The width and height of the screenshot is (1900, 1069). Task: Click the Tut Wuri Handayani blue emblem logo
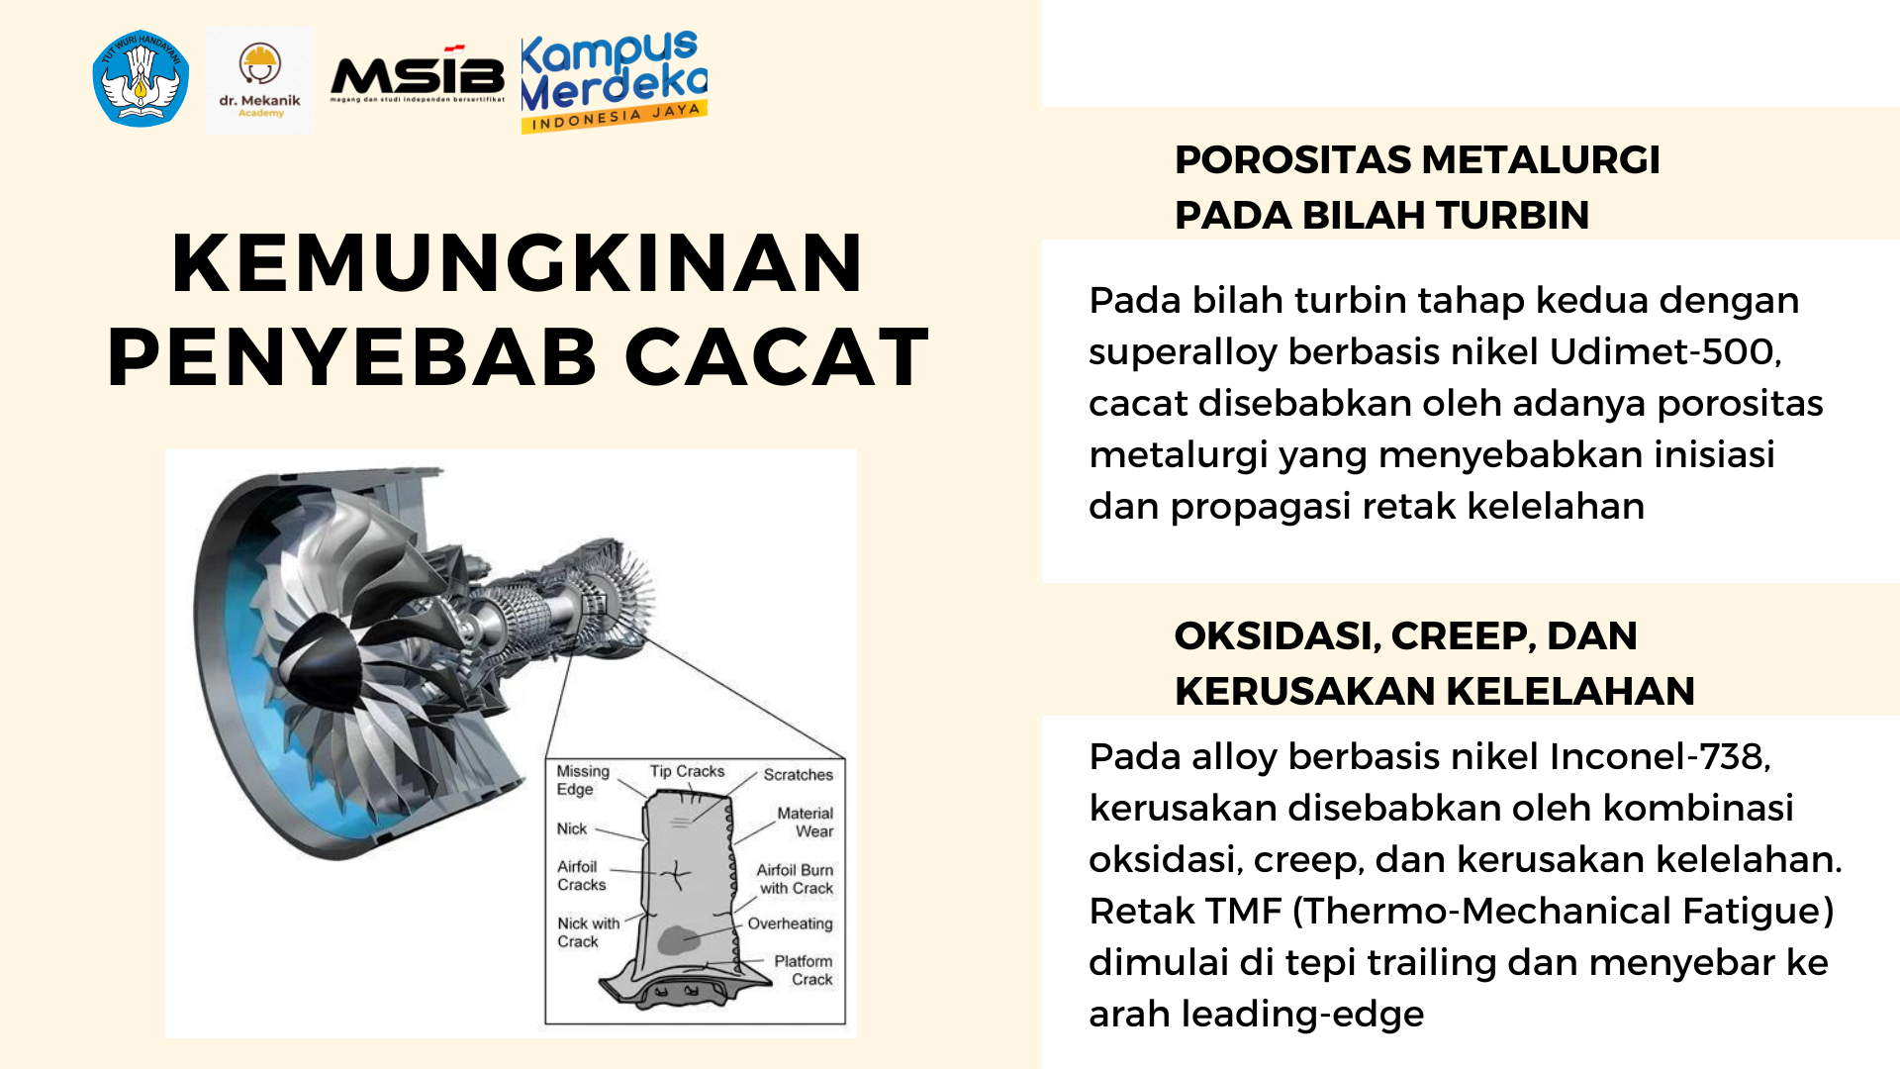coord(141,78)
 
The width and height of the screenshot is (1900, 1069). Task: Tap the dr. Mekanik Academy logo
coord(260,80)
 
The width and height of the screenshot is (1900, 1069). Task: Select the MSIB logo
coord(417,76)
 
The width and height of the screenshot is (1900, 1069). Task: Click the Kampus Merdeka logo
coord(614,80)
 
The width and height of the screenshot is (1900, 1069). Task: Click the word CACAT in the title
coord(777,357)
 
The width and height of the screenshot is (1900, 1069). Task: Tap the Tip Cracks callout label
coord(687,771)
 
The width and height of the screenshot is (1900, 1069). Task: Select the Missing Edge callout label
coord(582,780)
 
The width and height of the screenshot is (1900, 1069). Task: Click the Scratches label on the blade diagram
coord(798,775)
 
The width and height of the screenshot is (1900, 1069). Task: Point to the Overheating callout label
coord(790,923)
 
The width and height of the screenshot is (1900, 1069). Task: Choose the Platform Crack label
coord(804,970)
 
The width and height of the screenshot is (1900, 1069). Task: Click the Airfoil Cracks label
coord(581,876)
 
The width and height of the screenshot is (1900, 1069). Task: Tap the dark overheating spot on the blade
coord(678,940)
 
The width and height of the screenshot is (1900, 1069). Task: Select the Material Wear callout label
coord(806,823)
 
